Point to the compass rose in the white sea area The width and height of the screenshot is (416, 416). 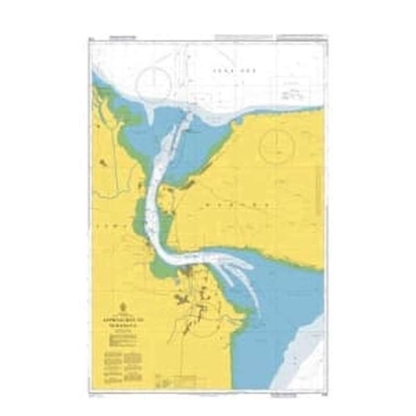coord(155,83)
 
